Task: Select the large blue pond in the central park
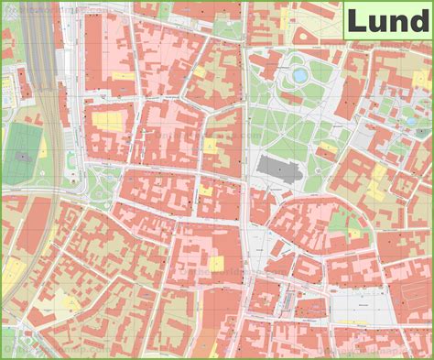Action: point(299,74)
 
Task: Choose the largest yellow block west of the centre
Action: point(108,120)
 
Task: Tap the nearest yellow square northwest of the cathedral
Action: point(212,145)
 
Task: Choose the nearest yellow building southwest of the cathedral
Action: point(206,191)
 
